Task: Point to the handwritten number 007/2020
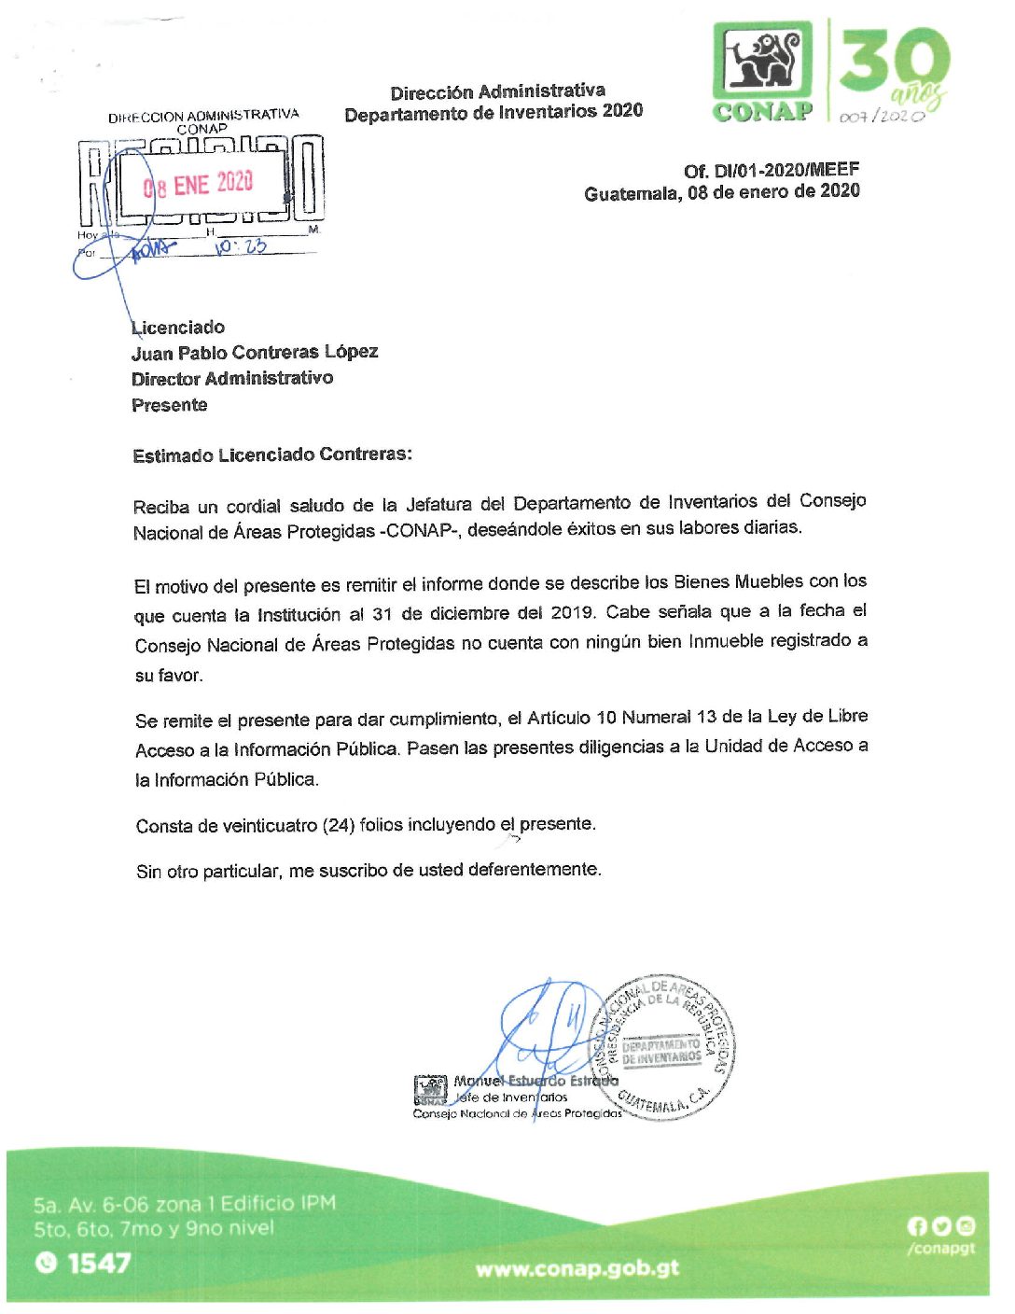coord(882,117)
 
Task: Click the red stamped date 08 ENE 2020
coord(199,184)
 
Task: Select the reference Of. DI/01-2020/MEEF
coord(772,170)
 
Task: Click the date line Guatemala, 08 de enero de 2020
coord(722,192)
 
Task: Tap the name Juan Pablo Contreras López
coord(255,352)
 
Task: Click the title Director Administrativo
coord(232,378)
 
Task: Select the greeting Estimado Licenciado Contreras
coord(271,455)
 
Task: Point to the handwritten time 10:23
coord(241,246)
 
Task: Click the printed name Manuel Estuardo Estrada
coord(535,1081)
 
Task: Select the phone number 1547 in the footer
coord(99,1264)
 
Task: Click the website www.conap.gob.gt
coord(577,1268)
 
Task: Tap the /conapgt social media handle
coord(940,1249)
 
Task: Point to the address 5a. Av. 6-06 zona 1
coord(184,1204)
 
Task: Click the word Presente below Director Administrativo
coord(170,405)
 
